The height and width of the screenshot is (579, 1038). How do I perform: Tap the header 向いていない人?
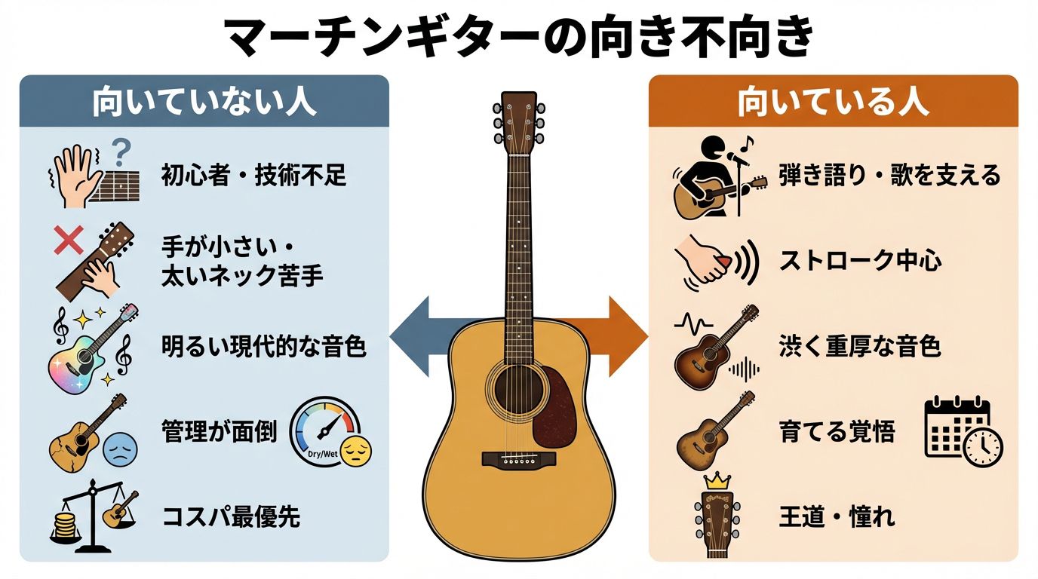click(204, 103)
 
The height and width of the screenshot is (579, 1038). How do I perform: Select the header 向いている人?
click(833, 103)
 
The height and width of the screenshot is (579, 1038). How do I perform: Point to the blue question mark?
click(119, 154)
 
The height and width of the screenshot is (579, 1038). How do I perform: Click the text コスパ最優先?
click(231, 518)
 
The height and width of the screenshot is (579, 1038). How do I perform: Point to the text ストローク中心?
click(861, 262)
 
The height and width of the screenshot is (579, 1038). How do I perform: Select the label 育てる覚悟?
click(837, 432)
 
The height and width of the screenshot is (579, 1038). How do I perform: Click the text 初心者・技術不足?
click(253, 176)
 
